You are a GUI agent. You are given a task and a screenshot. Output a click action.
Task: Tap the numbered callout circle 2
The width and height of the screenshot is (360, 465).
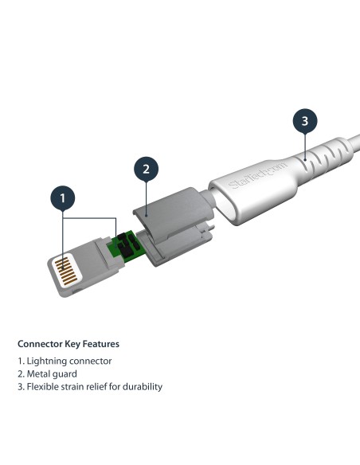(145, 168)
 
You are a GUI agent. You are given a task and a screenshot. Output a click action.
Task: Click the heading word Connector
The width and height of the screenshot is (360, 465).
(41, 345)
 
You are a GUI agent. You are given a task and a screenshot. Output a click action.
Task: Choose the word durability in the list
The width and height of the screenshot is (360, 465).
(140, 386)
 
